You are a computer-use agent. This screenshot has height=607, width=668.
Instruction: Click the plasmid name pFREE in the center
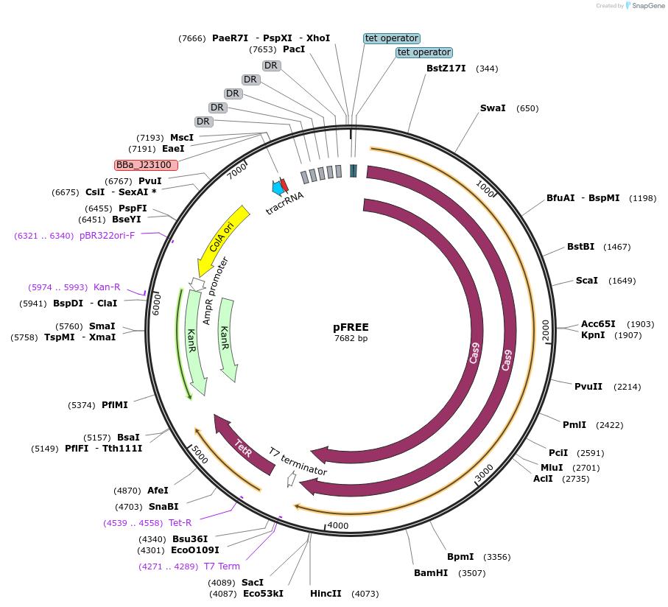coord(351,327)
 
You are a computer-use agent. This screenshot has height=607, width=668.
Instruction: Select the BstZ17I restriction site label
coord(446,69)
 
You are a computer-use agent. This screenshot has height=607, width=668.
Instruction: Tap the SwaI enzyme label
coord(493,108)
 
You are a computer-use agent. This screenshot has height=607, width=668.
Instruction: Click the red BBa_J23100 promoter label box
coord(146,165)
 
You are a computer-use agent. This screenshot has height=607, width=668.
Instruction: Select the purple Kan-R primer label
coord(107,287)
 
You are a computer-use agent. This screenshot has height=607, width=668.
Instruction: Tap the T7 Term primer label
coord(222,566)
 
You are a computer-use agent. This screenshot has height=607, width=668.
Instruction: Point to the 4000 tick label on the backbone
coord(338,525)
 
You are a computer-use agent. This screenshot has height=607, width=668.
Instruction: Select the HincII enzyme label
coord(326,594)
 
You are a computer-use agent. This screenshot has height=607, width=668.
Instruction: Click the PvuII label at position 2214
coord(588,386)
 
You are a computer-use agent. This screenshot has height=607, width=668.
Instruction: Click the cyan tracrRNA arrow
coord(278,188)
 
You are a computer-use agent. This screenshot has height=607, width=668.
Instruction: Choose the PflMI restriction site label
coord(115,405)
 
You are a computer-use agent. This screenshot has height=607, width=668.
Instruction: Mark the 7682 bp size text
coord(351,339)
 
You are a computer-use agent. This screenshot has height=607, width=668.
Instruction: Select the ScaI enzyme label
coord(587,281)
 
